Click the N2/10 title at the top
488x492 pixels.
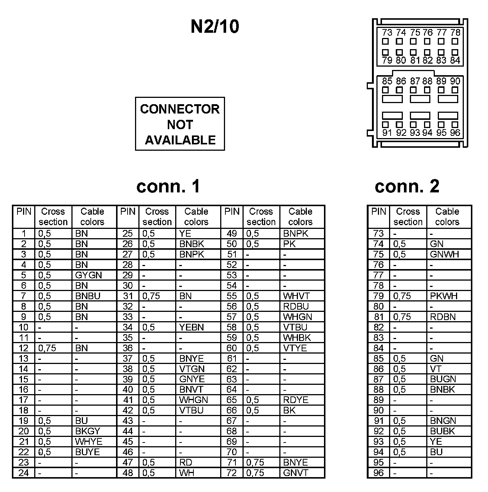(x=215, y=27)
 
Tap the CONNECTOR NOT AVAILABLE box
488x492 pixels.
(x=180, y=124)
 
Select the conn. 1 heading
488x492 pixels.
(x=168, y=186)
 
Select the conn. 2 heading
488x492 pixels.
(x=407, y=186)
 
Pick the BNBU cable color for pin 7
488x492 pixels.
(x=88, y=296)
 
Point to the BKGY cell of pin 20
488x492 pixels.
(x=88, y=431)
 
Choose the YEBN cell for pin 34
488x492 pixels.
(x=192, y=328)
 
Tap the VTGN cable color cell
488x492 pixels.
(x=192, y=369)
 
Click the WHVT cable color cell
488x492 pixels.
(x=296, y=296)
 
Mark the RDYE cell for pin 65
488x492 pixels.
(x=296, y=400)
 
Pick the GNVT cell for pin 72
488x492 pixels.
(x=296, y=473)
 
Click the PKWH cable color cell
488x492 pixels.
(x=444, y=296)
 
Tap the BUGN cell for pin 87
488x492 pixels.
(x=443, y=379)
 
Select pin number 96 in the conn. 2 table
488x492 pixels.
(x=378, y=473)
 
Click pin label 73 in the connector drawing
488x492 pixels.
(x=387, y=33)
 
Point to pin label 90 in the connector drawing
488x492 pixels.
(x=455, y=81)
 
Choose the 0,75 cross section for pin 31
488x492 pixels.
(x=151, y=296)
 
